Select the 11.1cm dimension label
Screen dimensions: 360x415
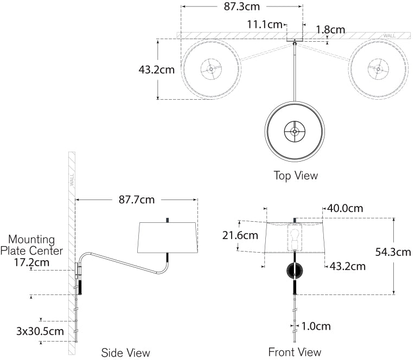pyautogui.click(x=265, y=24)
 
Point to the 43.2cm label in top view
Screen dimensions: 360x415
pyautogui.click(x=157, y=69)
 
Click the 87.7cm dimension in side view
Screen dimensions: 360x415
pyautogui.click(x=137, y=200)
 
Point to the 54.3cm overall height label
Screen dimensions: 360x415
pyautogui.click(x=393, y=252)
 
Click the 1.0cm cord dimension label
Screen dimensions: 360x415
pyautogui.click(x=316, y=326)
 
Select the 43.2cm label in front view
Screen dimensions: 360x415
pyautogui.click(x=347, y=266)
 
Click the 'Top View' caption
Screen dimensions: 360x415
pyautogui.click(x=296, y=176)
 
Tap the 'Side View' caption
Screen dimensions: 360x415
pyautogui.click(x=126, y=353)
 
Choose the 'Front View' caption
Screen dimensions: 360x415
pyautogui.click(x=295, y=352)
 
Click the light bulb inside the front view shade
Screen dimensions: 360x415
pyautogui.click(x=295, y=237)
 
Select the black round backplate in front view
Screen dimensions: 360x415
pyautogui.click(x=295, y=271)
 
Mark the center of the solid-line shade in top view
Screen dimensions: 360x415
pyautogui.click(x=295, y=131)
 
